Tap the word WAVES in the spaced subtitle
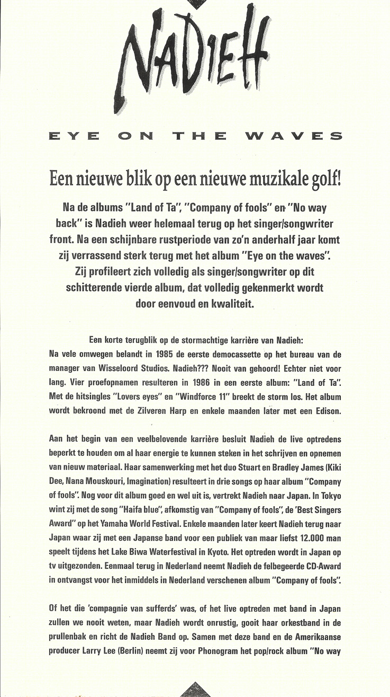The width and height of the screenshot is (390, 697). tap(294, 136)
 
